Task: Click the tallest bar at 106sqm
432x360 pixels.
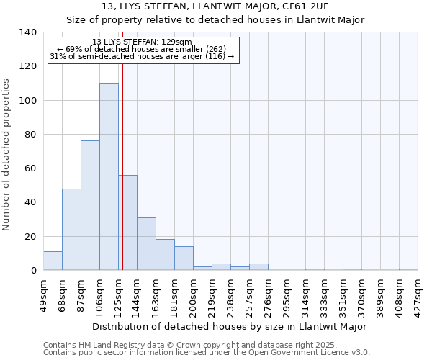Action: (x=109, y=176)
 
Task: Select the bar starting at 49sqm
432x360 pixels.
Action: (x=53, y=261)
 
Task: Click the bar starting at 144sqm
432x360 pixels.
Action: (x=146, y=243)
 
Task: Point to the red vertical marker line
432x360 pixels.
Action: (x=123, y=166)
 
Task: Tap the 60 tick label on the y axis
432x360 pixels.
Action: (x=30, y=168)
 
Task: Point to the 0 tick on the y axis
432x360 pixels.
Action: (x=33, y=271)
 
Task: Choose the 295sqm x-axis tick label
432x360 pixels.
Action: (x=287, y=295)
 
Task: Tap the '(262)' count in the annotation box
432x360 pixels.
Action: (x=215, y=49)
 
